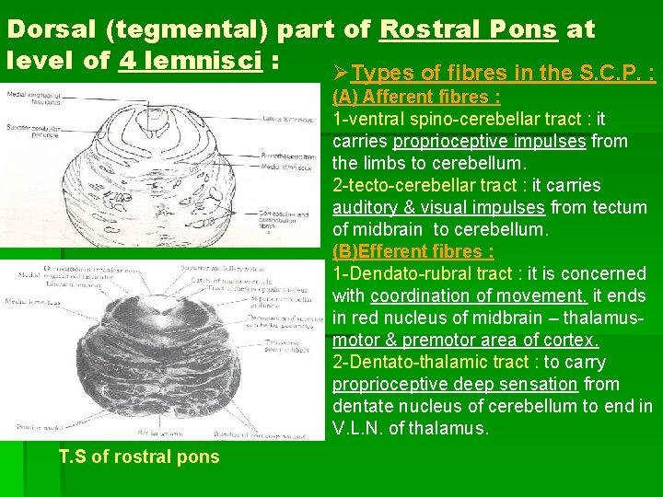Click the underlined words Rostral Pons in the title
468,29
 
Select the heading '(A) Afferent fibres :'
416,98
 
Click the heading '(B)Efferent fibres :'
413,251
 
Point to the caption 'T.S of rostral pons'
139,457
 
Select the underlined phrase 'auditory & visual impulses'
436,207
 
